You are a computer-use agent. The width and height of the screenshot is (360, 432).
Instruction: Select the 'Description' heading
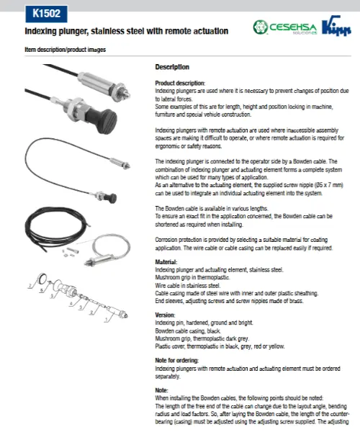point(173,67)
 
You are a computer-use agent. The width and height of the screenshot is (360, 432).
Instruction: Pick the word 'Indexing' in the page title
point(42,32)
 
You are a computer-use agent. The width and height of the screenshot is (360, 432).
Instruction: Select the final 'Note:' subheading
point(163,390)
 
